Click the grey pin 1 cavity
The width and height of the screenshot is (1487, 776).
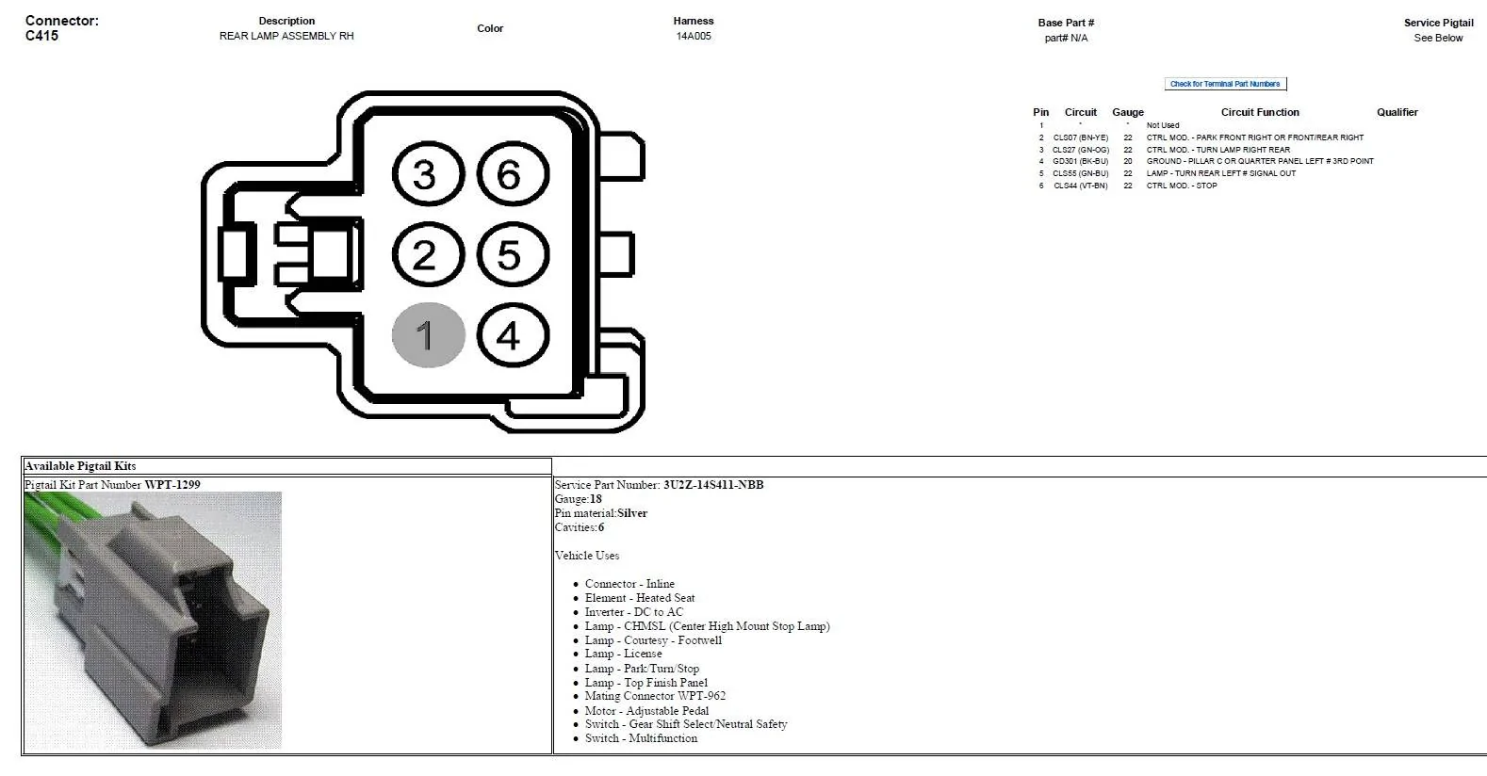(x=428, y=335)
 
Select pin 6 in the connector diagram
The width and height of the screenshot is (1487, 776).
(x=513, y=174)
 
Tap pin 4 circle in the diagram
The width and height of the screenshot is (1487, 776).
(x=513, y=335)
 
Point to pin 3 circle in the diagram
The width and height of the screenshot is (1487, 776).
(x=428, y=174)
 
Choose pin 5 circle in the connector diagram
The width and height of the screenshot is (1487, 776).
(x=513, y=254)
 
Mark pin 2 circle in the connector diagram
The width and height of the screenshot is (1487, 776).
(x=428, y=254)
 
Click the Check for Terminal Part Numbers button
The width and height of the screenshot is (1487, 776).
(x=1225, y=84)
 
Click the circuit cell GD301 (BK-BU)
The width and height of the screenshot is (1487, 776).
(x=1080, y=161)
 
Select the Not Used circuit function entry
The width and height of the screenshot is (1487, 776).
(x=1163, y=125)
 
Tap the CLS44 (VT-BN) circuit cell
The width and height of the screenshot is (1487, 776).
(x=1080, y=186)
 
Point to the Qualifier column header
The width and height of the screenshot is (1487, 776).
(x=1397, y=112)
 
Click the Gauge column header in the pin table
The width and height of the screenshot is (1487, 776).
(x=1128, y=112)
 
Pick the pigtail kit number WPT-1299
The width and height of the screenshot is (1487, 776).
(x=172, y=485)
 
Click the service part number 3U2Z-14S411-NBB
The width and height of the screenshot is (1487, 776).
(x=713, y=485)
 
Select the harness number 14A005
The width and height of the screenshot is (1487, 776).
(x=694, y=36)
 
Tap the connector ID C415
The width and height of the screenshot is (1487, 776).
(x=41, y=36)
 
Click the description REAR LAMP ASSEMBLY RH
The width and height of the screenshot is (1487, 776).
(x=286, y=36)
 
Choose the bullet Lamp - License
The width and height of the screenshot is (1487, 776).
(x=623, y=654)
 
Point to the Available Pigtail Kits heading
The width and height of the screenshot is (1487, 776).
(x=80, y=465)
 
